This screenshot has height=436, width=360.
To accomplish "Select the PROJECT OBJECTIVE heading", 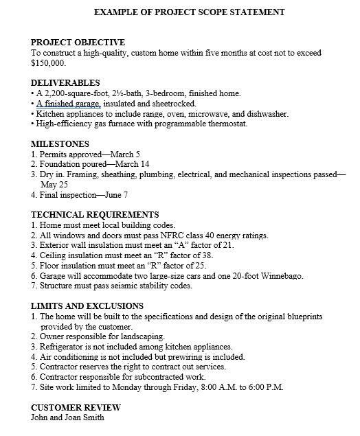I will point(78,43).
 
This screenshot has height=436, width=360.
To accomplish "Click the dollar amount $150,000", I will point(49,62).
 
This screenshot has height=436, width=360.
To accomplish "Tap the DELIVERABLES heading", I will point(66,82).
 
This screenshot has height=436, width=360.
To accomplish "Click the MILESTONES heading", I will point(60,144).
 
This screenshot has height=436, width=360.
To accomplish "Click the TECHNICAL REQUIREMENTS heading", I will point(95,215).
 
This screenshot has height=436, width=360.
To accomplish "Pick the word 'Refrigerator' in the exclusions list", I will point(63,347).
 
